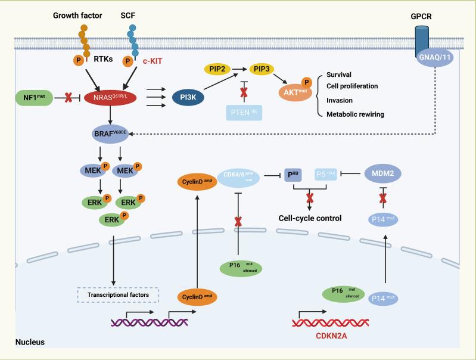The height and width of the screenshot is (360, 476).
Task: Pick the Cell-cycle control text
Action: [x=310, y=218]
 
